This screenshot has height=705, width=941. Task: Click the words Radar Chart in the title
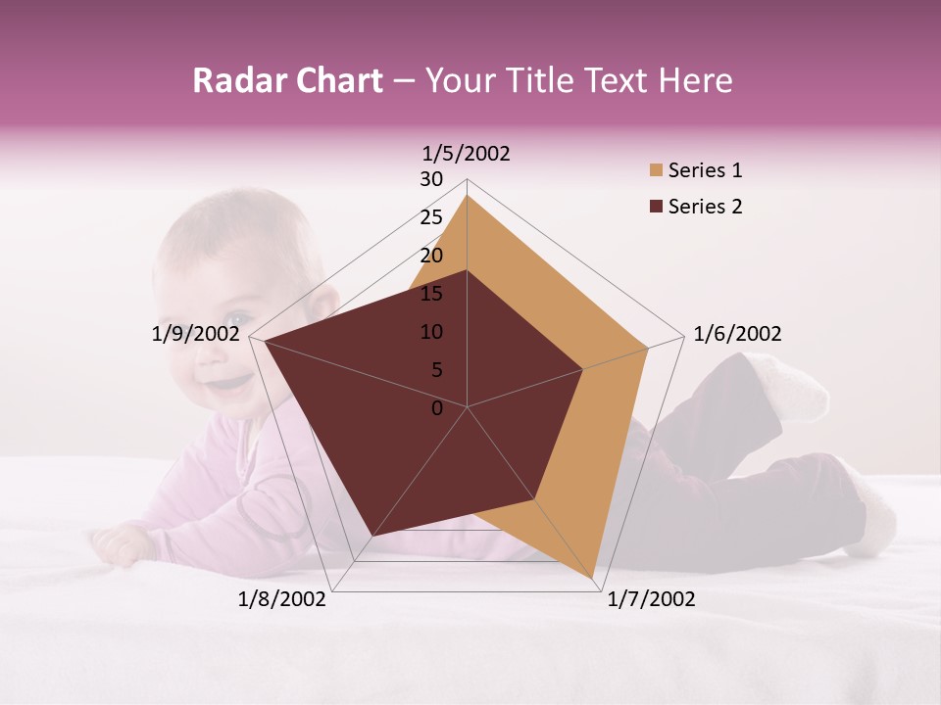tap(287, 80)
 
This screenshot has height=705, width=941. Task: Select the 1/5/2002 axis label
tap(467, 153)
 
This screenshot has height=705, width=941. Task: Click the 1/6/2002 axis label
tap(737, 334)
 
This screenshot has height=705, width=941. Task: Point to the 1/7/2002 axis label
tap(651, 599)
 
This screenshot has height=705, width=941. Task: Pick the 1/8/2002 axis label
tap(282, 599)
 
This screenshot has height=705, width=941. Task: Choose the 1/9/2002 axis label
tap(196, 334)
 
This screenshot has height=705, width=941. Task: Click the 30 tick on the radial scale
tap(431, 179)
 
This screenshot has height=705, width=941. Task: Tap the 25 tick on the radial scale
tap(431, 217)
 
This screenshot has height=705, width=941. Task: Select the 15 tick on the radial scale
tap(431, 294)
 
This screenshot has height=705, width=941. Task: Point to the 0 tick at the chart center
tap(437, 408)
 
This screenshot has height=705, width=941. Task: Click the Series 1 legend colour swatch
tap(656, 170)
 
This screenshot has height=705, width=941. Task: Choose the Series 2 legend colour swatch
tap(656, 207)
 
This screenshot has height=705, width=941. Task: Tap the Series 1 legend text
tap(705, 170)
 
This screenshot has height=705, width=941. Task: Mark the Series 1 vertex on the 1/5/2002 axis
tap(468, 195)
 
